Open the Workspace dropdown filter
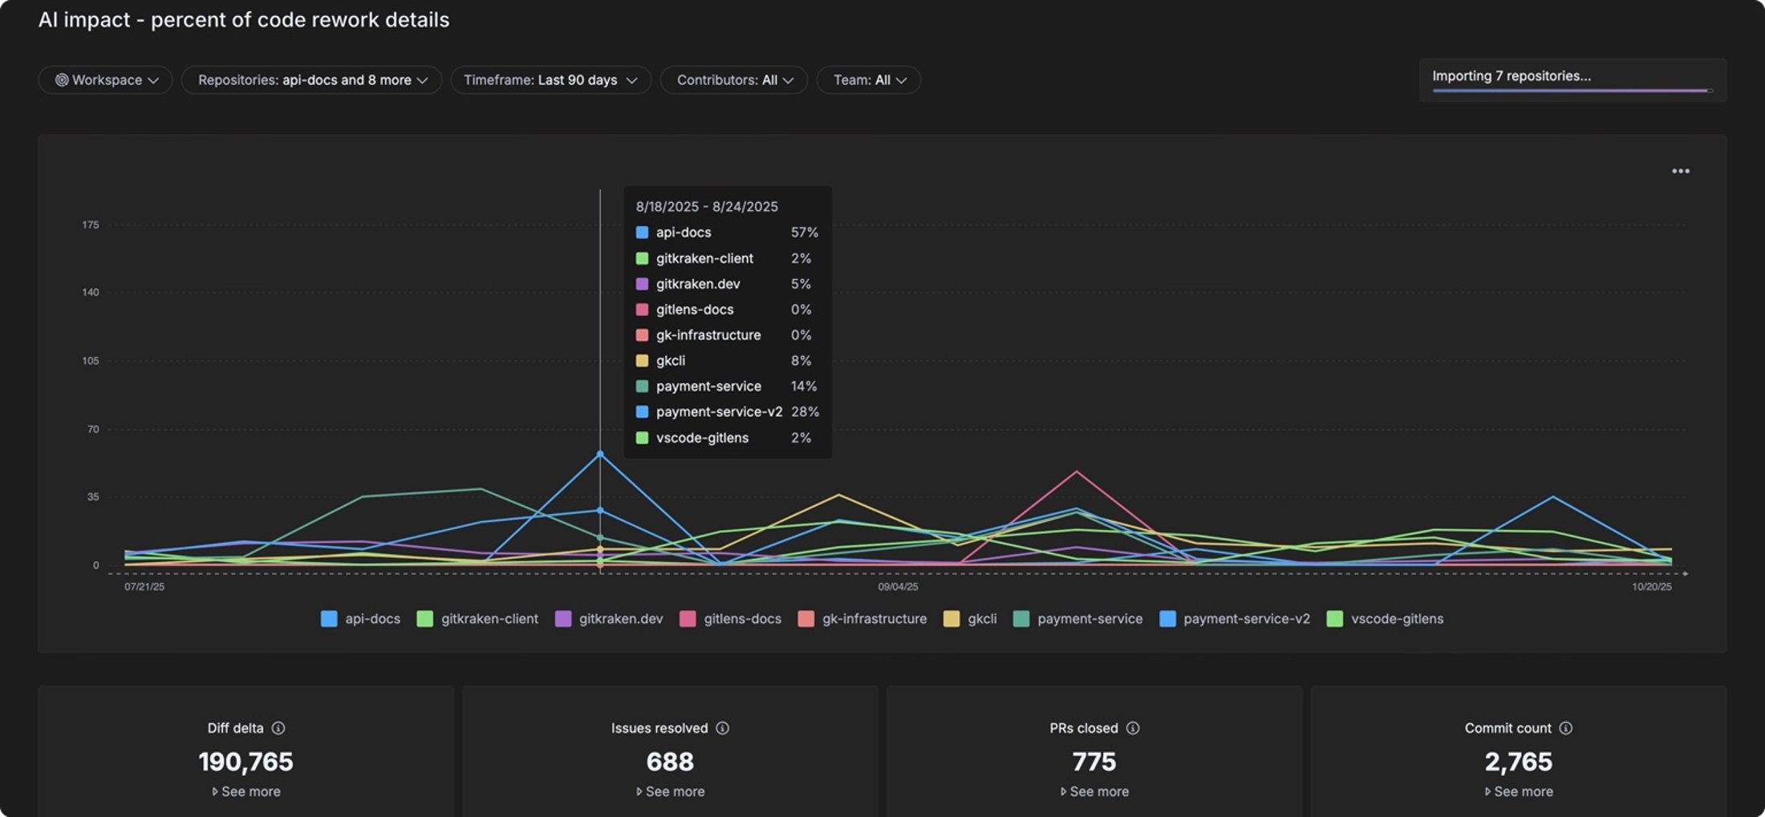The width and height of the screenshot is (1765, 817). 105,80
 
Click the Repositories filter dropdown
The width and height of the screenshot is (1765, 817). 311,80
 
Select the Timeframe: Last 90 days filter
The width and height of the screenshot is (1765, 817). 550,80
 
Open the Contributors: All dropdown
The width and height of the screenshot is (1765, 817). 733,80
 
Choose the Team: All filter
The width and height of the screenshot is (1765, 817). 868,80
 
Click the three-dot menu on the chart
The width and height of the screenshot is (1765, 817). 1680,171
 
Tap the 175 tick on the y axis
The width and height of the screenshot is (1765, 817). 91,224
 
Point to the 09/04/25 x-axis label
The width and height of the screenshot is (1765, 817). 898,587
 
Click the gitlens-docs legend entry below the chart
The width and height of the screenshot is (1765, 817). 731,619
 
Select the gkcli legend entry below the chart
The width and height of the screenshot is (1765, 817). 971,619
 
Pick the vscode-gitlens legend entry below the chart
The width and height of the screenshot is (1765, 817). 1386,619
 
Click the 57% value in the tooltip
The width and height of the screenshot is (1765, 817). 804,233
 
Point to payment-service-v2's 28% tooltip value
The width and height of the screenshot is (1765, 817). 805,412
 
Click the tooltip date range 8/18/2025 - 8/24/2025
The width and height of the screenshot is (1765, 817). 707,207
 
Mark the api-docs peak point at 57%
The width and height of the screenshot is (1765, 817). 600,455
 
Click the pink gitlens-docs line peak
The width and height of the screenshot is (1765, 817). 1077,471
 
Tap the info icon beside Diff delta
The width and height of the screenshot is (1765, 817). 278,728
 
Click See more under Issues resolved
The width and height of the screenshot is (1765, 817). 670,791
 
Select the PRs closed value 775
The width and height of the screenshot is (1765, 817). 1093,761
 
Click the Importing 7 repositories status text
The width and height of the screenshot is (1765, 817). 1511,76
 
